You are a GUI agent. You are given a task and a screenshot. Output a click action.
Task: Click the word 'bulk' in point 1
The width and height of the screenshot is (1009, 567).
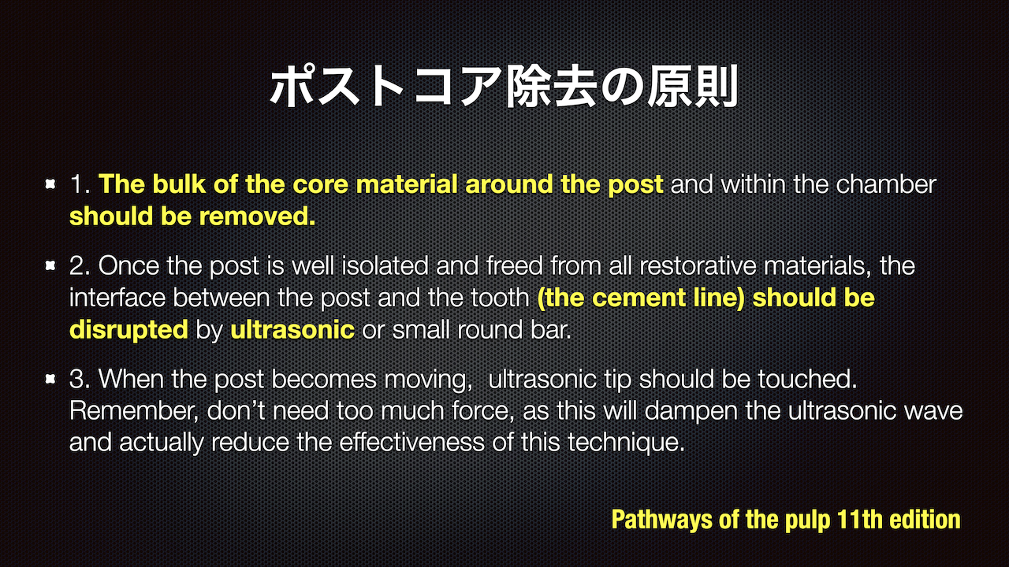179,184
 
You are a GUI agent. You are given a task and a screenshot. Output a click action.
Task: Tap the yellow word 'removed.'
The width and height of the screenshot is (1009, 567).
257,217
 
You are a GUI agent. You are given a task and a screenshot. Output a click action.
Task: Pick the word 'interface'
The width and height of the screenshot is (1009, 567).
117,298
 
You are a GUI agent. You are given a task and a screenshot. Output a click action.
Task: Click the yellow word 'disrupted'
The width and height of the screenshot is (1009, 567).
128,330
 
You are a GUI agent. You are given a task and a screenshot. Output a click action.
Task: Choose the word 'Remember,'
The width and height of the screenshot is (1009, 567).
134,410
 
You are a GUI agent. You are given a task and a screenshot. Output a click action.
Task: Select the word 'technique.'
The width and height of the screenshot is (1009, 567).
626,443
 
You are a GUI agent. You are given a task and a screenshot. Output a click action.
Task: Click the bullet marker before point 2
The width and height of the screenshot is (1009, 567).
50,265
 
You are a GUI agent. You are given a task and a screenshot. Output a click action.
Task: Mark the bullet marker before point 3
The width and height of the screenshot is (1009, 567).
50,379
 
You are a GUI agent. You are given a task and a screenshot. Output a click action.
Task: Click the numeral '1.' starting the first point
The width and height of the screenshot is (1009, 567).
80,184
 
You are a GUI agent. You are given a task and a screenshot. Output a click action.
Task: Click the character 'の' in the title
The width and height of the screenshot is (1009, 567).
623,87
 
